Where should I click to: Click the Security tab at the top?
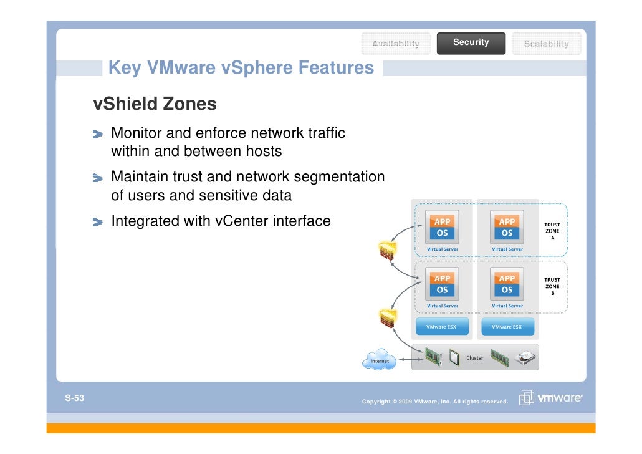pos(471,42)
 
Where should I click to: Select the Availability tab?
pos(396,43)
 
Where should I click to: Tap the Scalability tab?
pos(546,43)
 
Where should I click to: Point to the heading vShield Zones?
pos(155,104)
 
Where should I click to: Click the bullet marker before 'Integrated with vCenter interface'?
pos(99,221)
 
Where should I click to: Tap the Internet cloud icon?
pos(379,360)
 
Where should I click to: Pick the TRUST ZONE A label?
pos(552,231)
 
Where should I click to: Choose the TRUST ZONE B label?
pos(552,287)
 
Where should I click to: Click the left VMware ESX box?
pos(441,327)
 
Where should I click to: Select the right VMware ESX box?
pos(507,327)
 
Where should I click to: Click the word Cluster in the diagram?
pos(475,358)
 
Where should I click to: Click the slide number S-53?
pos(74,398)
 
